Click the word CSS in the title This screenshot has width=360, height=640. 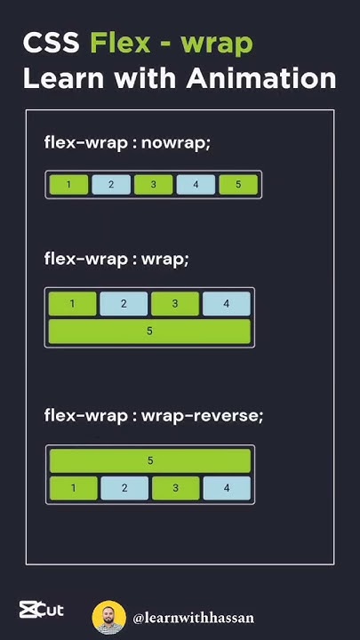coord(51,44)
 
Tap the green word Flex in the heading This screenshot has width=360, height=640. coord(120,44)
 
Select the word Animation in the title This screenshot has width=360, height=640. coord(261,78)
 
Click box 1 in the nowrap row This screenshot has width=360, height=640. coord(68,185)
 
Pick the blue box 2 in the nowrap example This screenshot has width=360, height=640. coord(111,185)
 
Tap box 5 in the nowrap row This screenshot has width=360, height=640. coord(238,185)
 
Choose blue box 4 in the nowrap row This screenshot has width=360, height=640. coord(196,185)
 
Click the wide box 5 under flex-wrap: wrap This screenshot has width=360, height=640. coord(149,332)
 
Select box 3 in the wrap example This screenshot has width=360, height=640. coord(175,304)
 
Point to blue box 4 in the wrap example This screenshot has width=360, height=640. coord(227,304)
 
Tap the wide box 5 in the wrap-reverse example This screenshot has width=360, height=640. coord(150,460)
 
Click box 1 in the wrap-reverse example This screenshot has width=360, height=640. coord(74,488)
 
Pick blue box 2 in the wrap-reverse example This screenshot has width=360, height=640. coord(125,488)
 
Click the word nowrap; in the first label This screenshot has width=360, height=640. coord(176,144)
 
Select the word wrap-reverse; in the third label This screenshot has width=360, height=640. coord(203,417)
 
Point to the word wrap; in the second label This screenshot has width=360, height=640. coord(165,260)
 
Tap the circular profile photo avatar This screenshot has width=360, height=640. coord(109,618)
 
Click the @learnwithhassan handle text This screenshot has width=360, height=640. coord(193,618)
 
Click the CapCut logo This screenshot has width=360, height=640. coord(42,610)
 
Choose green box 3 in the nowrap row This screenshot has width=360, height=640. coord(154,185)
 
